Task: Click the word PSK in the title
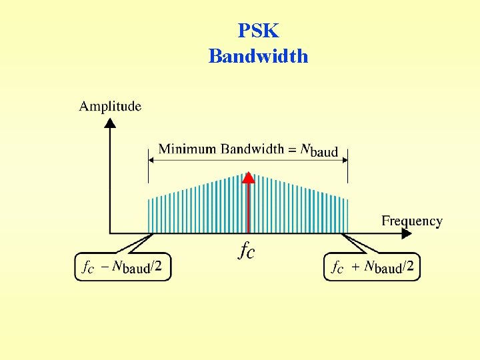(x=258, y=31)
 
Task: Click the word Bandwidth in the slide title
(x=258, y=56)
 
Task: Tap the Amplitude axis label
(x=110, y=106)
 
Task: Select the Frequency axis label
(x=411, y=221)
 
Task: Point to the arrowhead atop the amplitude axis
(x=110, y=122)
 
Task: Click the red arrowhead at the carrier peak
(x=248, y=177)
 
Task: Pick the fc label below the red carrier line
(x=246, y=251)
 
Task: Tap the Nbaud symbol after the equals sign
(x=319, y=150)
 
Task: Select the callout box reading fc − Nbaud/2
(x=123, y=267)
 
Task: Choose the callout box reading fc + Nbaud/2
(x=372, y=267)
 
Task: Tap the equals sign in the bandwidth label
(x=292, y=149)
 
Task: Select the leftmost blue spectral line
(x=149, y=215)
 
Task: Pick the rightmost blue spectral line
(x=347, y=215)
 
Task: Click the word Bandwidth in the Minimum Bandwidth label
(x=253, y=149)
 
